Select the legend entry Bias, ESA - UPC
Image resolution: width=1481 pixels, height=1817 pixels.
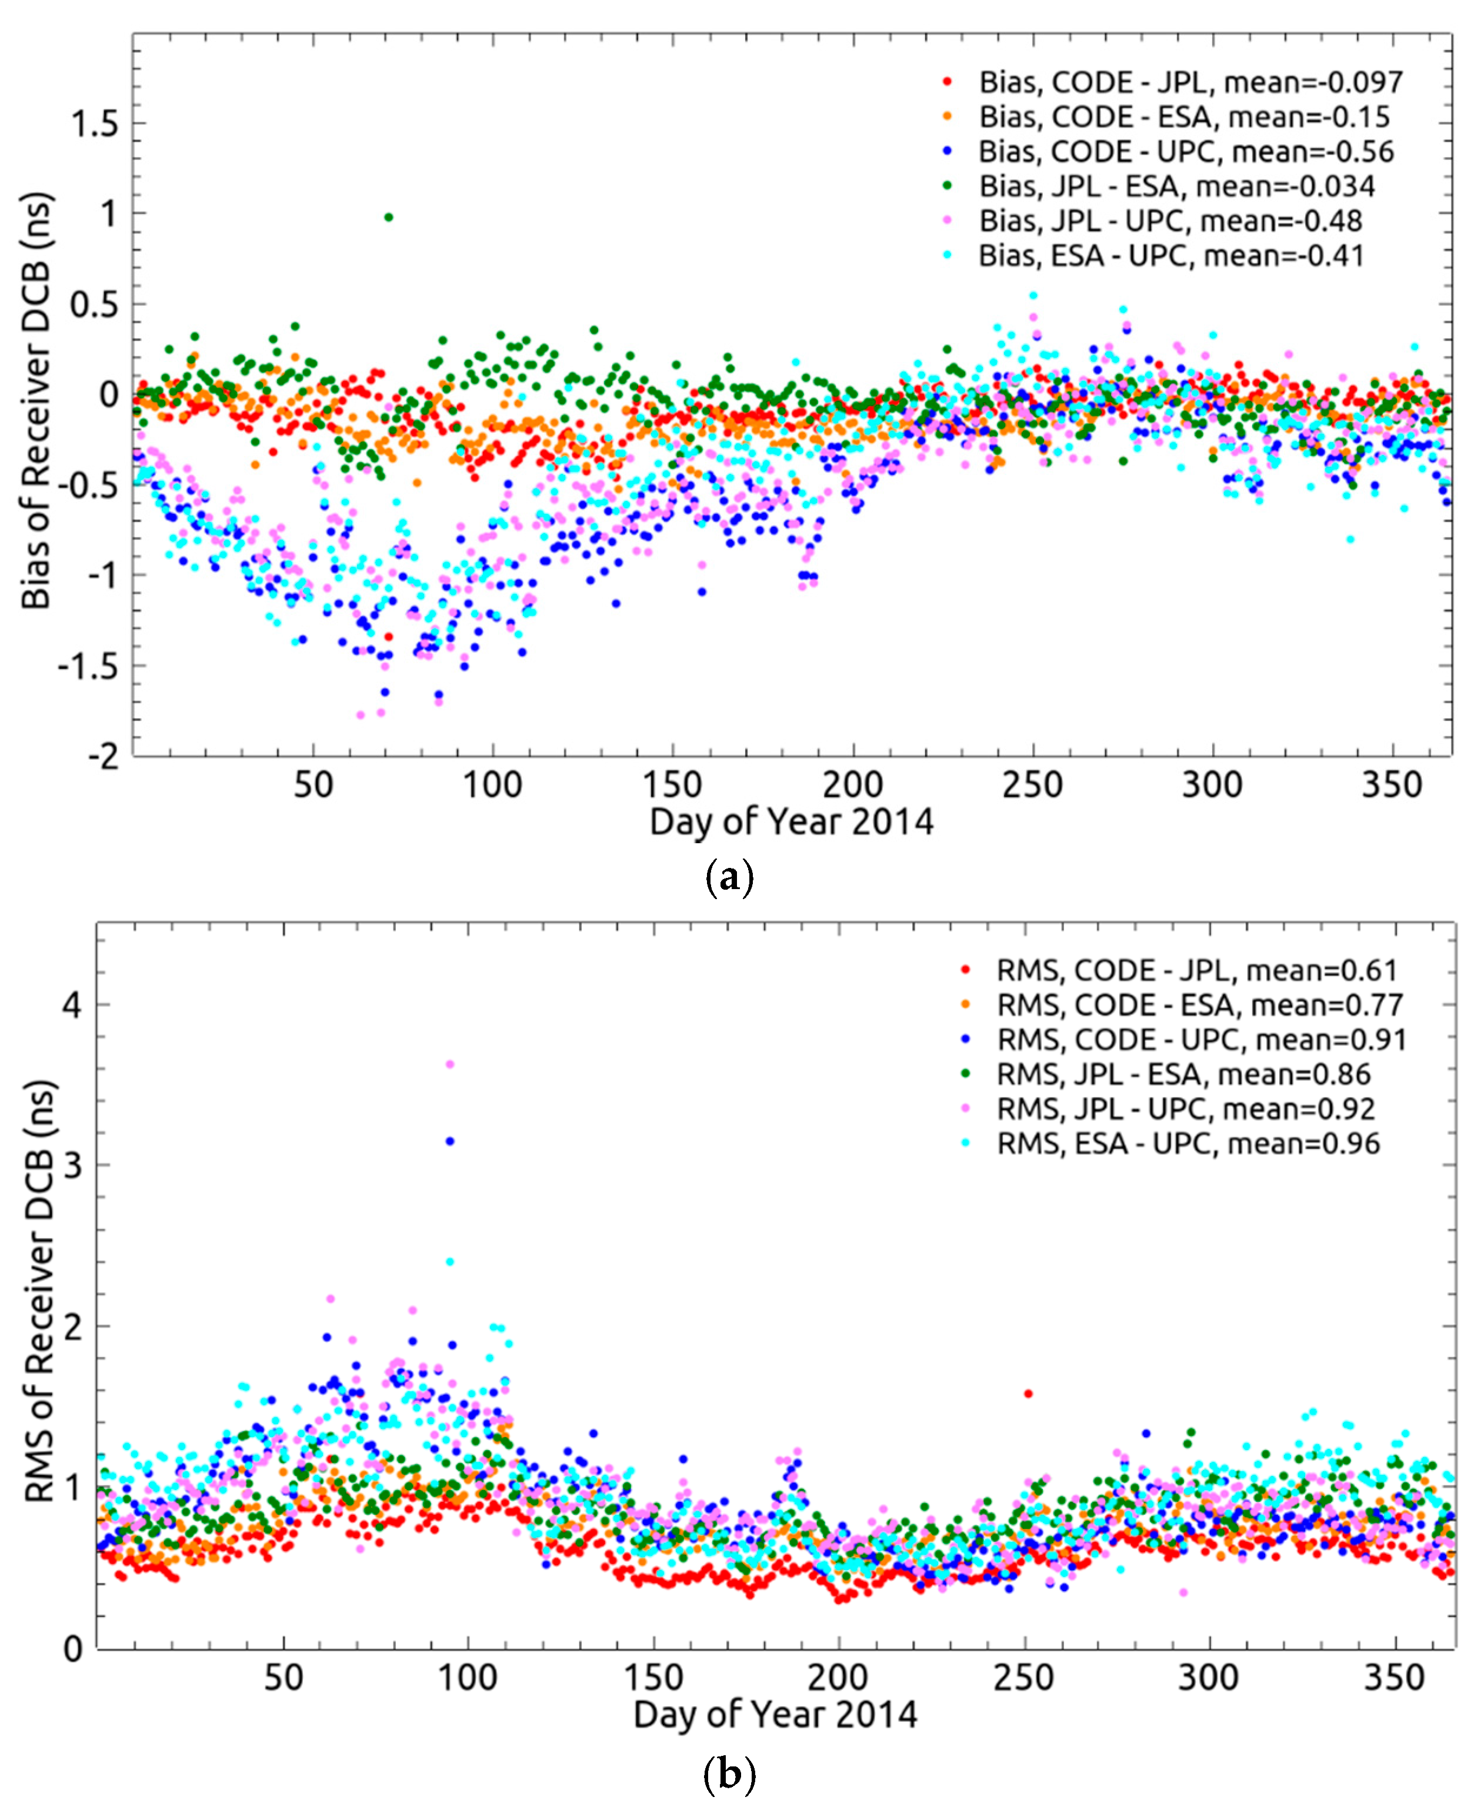1170,255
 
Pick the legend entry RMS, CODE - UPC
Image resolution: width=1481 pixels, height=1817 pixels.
1201,1039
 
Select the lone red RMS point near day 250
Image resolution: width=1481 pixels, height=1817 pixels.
1029,1393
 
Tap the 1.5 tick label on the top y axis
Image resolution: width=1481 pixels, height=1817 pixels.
95,125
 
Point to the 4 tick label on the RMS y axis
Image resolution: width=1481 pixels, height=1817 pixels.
72,1005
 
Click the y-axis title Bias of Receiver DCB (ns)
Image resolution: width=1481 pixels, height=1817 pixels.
36,401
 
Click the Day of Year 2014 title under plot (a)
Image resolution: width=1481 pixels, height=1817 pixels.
791,821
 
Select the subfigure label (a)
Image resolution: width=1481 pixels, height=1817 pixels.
731,878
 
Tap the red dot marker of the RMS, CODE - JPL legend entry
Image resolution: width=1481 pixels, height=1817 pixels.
966,970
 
